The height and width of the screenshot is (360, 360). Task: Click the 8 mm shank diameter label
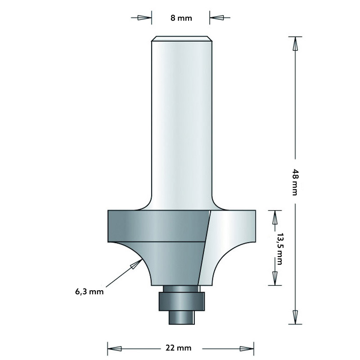click(x=181, y=18)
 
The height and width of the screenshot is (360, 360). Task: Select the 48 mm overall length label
click(x=295, y=182)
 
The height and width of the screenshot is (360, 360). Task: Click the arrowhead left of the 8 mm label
click(x=144, y=18)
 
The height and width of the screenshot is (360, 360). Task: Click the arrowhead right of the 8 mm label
click(x=218, y=18)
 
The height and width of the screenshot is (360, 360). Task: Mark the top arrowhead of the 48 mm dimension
click(x=296, y=44)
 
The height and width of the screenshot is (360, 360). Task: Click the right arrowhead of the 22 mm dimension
click(x=247, y=348)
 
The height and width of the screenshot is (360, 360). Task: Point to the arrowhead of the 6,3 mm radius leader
click(x=134, y=265)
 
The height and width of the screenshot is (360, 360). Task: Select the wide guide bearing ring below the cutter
click(x=181, y=301)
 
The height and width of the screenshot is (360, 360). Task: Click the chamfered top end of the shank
click(x=181, y=38)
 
